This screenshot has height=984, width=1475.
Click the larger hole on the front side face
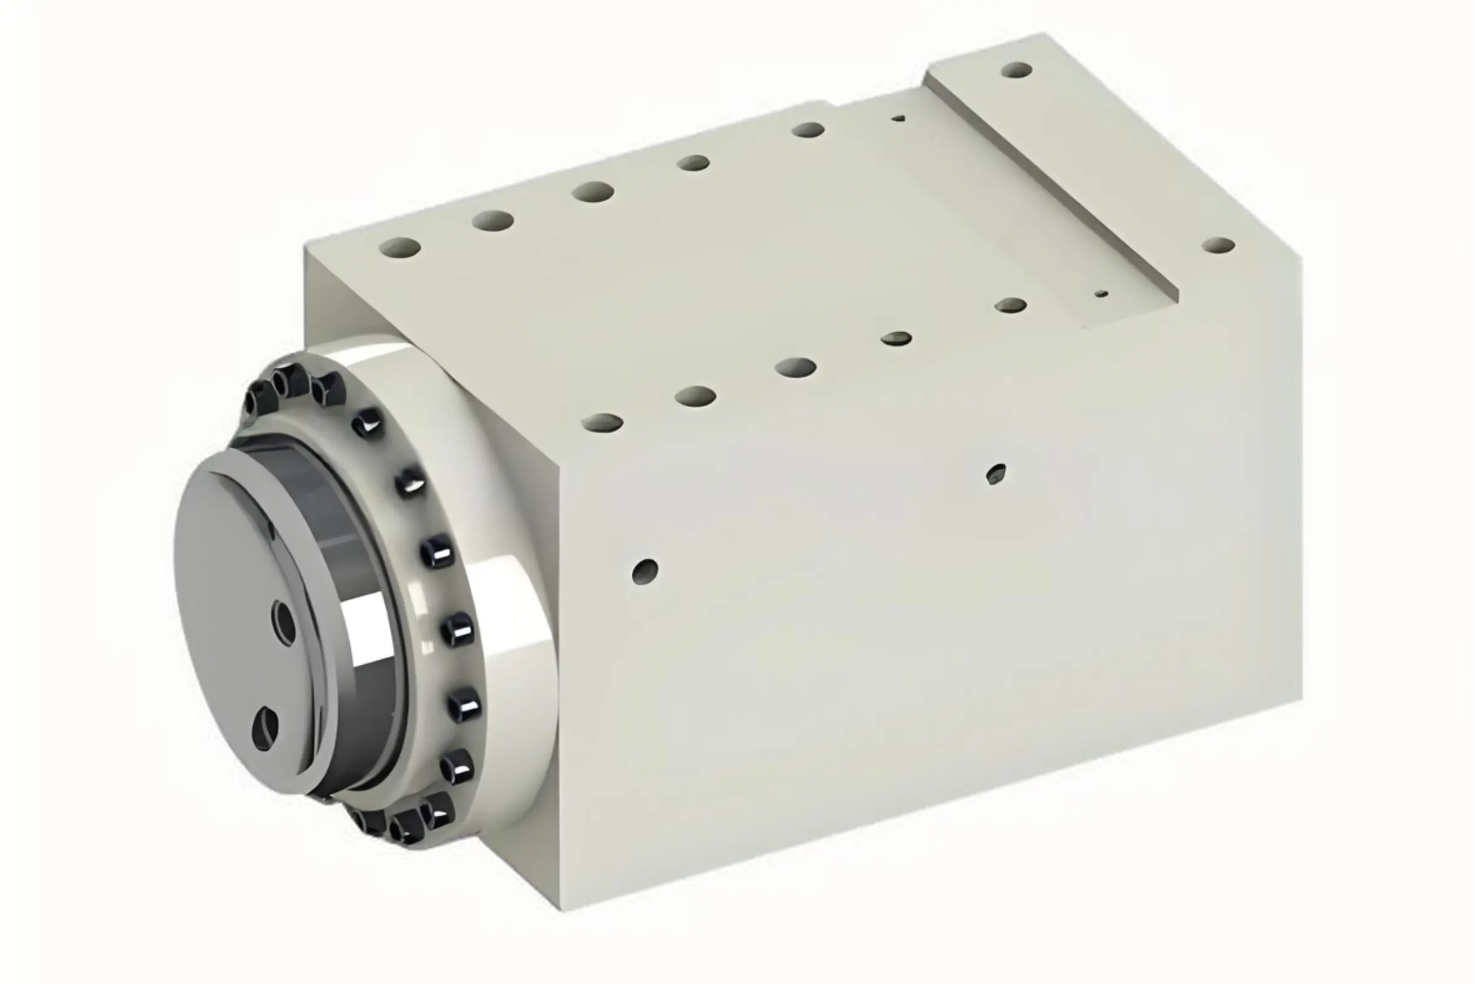tap(645, 571)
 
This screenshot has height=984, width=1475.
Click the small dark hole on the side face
tap(996, 474)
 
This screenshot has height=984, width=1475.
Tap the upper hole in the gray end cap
tap(284, 622)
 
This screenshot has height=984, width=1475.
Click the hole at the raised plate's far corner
tap(1017, 69)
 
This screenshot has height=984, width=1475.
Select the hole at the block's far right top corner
tap(1219, 245)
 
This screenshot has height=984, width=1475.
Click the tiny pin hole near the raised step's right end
tap(1102, 294)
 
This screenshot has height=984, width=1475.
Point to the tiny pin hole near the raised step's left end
tap(899, 118)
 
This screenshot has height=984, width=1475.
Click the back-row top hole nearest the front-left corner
tap(399, 248)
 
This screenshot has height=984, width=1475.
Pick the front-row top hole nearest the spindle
tap(602, 423)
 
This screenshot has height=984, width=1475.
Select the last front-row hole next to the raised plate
tap(1010, 306)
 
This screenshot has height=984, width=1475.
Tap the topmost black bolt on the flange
tap(289, 380)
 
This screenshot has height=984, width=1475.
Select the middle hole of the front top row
tap(795, 367)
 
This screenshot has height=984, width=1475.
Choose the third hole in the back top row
tap(592, 191)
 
